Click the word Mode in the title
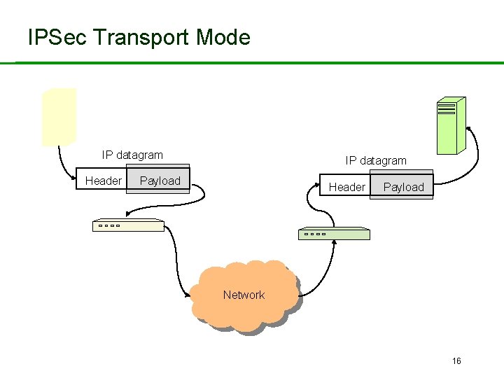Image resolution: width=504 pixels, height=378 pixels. click(223, 37)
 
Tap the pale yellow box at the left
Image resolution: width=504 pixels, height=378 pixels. click(59, 116)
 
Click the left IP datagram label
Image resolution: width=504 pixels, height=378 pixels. click(132, 155)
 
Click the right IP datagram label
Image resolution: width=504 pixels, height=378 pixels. click(376, 160)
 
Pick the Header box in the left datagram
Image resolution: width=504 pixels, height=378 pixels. click(103, 181)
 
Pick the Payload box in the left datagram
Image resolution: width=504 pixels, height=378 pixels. click(160, 181)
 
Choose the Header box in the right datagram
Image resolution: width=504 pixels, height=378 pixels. click(346, 187)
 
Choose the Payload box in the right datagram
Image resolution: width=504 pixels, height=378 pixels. click(404, 187)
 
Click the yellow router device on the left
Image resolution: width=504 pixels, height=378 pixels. click(128, 225)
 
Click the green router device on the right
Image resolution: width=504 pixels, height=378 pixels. click(334, 234)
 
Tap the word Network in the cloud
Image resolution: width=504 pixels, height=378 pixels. click(244, 295)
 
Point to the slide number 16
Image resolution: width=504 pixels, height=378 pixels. click(456, 361)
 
